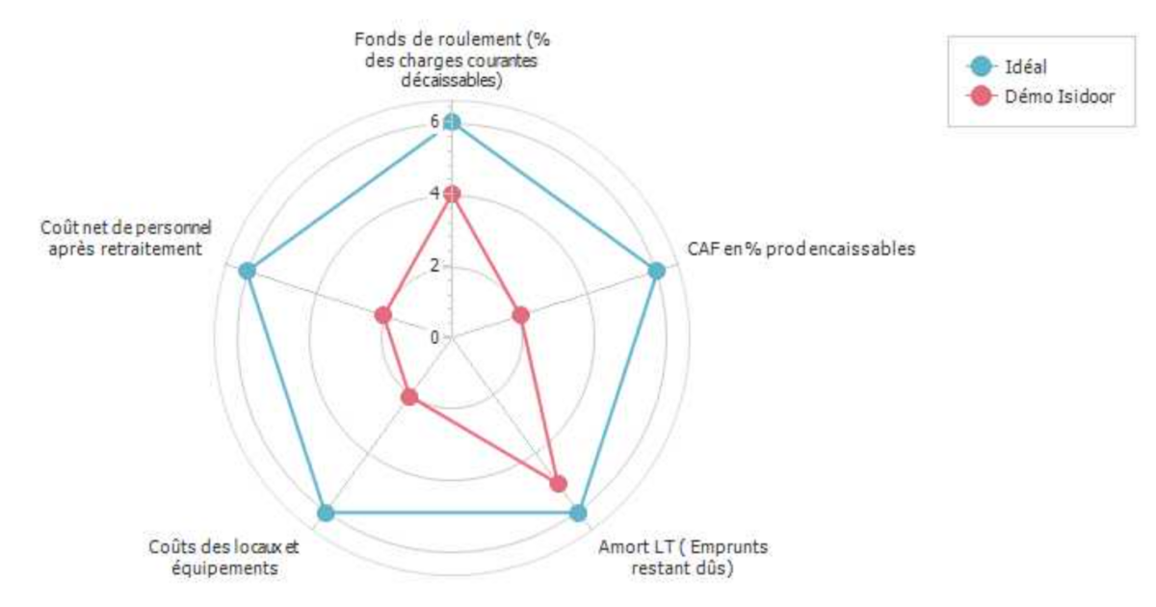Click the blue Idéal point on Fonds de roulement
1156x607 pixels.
453,121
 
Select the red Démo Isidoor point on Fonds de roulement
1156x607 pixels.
453,194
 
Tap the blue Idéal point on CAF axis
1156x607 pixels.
657,271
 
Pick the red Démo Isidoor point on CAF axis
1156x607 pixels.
521,315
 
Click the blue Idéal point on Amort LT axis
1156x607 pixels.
578,513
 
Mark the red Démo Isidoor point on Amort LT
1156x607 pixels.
558,484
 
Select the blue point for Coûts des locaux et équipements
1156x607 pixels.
326,513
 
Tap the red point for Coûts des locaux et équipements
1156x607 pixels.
409,396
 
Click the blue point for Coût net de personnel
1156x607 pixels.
248,271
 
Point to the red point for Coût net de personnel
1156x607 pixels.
383,315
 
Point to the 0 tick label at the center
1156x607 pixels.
434,337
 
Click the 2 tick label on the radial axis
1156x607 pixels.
434,265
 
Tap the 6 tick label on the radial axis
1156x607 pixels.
434,121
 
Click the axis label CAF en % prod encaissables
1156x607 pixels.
801,248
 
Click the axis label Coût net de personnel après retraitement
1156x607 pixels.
126,237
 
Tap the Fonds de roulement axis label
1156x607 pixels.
457,60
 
